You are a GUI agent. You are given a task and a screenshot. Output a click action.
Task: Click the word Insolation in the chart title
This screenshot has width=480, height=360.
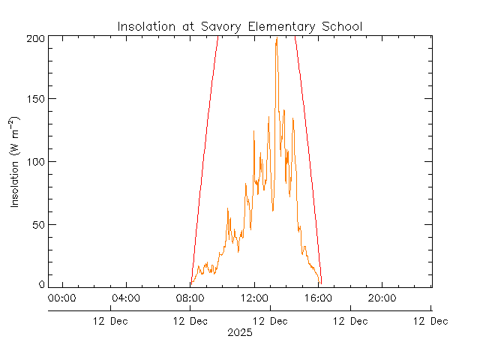tap(142, 27)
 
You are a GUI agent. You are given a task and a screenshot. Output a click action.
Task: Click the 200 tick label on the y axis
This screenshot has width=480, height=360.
tap(36, 37)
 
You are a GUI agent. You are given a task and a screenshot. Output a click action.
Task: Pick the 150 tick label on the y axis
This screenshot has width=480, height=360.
tap(36, 100)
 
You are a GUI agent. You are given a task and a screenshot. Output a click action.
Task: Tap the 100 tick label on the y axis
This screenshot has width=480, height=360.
tap(36, 162)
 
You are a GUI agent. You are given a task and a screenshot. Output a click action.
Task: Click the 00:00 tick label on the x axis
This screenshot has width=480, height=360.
tap(61, 298)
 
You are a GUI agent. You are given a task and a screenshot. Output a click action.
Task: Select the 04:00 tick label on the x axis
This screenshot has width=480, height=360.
tap(125, 298)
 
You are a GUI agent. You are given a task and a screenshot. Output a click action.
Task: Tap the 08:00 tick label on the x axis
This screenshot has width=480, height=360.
tap(190, 298)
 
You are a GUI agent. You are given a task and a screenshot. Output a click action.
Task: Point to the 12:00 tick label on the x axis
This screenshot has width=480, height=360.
tap(254, 298)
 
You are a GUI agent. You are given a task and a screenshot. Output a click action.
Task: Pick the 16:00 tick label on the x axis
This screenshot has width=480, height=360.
tap(318, 298)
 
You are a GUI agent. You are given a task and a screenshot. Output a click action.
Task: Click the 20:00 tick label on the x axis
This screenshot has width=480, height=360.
tap(382, 298)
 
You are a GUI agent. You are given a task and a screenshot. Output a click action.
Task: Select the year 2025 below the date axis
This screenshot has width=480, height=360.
tap(240, 332)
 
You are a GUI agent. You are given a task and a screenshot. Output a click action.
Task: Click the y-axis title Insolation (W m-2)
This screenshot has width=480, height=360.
tap(16, 162)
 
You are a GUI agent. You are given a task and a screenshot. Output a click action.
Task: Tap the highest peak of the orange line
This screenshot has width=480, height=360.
tap(277, 38)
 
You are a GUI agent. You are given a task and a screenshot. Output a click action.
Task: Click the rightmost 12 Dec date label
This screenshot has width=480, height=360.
tap(430, 321)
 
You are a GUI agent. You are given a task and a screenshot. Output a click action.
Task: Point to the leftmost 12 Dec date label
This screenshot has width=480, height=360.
tap(109, 321)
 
